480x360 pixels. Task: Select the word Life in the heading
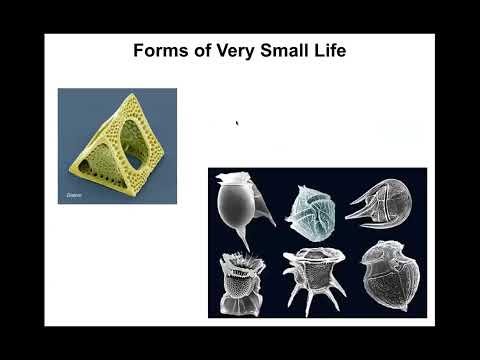pyautogui.click(x=326, y=51)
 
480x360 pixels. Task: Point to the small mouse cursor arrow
pyautogui.click(x=237, y=124)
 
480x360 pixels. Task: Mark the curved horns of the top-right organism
pyautogui.click(x=362, y=201)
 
